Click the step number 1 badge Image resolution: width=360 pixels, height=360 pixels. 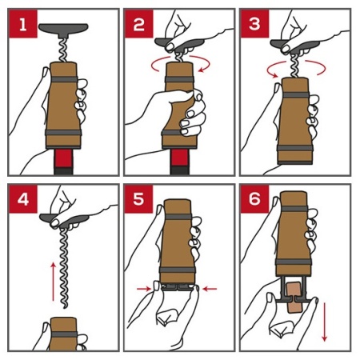[23, 24]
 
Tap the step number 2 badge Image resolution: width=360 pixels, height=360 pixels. [139, 24]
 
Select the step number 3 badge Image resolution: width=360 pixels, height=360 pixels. [254, 24]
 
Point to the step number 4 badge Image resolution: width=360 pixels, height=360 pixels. [23, 199]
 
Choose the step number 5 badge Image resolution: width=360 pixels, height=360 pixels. [139, 199]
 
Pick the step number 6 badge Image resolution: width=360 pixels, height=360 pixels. [254, 199]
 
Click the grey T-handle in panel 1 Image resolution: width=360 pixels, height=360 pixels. [63, 30]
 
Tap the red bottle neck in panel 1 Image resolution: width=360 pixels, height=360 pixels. [63, 158]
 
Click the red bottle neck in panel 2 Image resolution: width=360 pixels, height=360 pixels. [179, 158]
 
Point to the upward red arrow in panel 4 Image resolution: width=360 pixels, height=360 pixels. [54, 282]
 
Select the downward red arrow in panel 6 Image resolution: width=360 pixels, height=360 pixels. [325, 322]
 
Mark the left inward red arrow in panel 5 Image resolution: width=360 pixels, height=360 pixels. [144, 289]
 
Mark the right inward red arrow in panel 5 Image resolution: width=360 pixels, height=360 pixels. [210, 289]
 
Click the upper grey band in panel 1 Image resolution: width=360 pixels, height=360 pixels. [64, 79]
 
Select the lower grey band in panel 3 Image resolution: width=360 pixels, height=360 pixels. [294, 148]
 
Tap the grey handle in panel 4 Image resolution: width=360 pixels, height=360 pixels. [63, 220]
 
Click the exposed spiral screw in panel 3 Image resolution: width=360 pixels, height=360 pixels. [295, 66]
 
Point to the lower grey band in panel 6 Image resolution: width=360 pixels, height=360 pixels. [294, 262]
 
